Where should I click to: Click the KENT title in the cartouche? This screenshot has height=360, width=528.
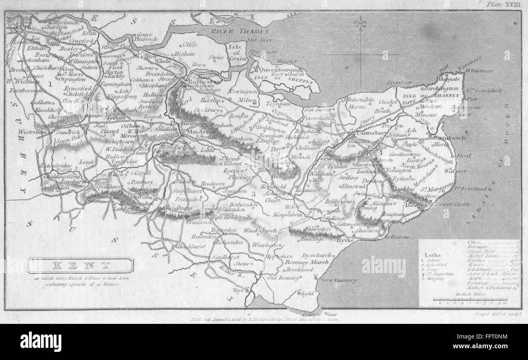tap(80, 265)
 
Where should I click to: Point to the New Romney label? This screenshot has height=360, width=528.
tap(338, 280)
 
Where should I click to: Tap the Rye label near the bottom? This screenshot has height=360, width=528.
tap(238, 290)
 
